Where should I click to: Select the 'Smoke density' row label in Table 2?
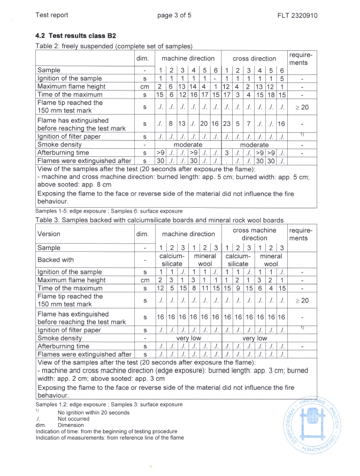pos(61,145)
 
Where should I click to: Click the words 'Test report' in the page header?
pos(51,14)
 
